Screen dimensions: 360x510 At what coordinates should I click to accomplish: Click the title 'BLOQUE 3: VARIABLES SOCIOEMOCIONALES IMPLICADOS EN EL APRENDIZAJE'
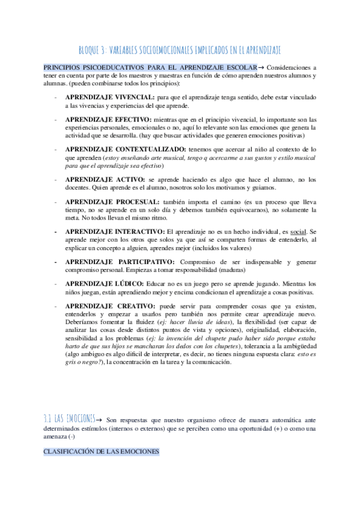(180, 49)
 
